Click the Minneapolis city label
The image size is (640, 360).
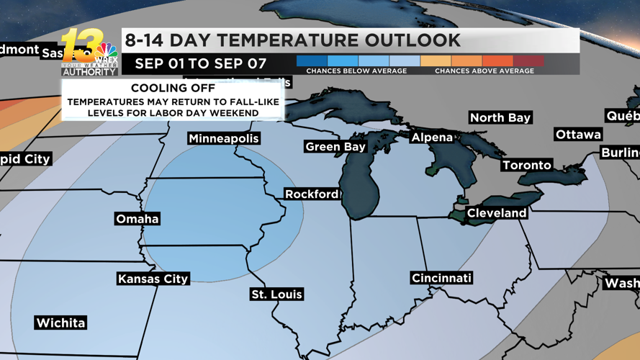tap(223, 138)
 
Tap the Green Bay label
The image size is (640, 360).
tap(335, 147)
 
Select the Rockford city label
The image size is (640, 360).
tap(312, 194)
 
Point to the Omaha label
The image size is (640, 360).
tap(138, 219)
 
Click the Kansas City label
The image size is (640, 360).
tap(153, 279)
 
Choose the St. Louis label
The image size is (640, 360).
tap(276, 294)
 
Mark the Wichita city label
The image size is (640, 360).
tap(60, 323)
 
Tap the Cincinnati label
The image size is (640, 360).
tap(441, 278)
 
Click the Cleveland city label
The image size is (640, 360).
tap(497, 213)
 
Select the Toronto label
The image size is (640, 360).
tap(527, 166)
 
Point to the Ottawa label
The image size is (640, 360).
tap(578, 135)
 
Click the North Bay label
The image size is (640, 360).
tap(500, 117)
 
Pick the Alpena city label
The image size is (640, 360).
tap(432, 138)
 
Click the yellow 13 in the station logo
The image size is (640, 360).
tap(78, 45)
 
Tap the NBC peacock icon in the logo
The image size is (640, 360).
tap(107, 50)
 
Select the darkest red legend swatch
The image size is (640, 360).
tap(528, 61)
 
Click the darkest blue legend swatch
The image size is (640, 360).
tap(312, 61)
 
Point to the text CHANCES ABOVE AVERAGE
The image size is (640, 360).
tap(484, 71)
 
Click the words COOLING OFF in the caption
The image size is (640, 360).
tap(173, 89)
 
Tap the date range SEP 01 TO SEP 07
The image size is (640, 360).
tap(200, 63)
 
